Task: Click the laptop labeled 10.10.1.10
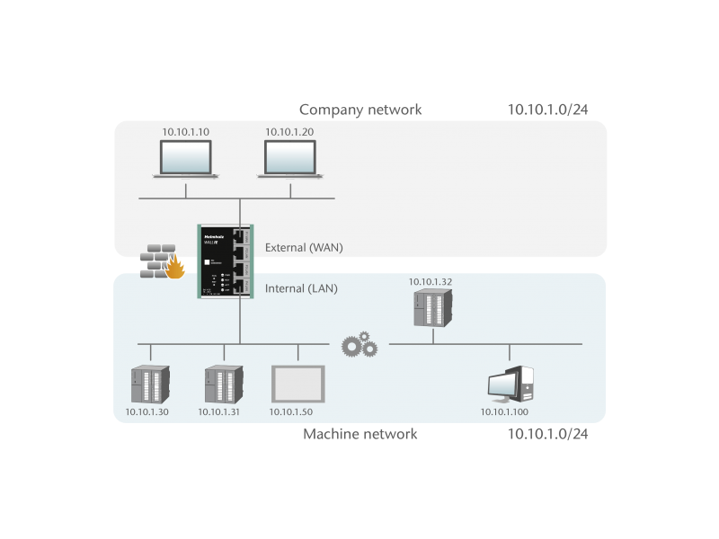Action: (x=185, y=159)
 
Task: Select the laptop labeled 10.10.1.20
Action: (x=289, y=159)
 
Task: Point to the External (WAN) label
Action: (x=304, y=247)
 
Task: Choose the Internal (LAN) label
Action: (x=300, y=289)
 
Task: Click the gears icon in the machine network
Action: (x=359, y=343)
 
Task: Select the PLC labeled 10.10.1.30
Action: (x=148, y=384)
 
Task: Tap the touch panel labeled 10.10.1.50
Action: (x=297, y=384)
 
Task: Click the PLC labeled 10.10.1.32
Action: (x=431, y=307)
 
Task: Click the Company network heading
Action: (x=359, y=110)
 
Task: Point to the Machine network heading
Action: (x=359, y=434)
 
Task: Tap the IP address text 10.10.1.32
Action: (x=431, y=281)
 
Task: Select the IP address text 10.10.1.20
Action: (x=288, y=132)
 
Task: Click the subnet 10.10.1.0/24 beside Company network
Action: (x=548, y=110)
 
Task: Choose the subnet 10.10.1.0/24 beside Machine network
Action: (x=548, y=434)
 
